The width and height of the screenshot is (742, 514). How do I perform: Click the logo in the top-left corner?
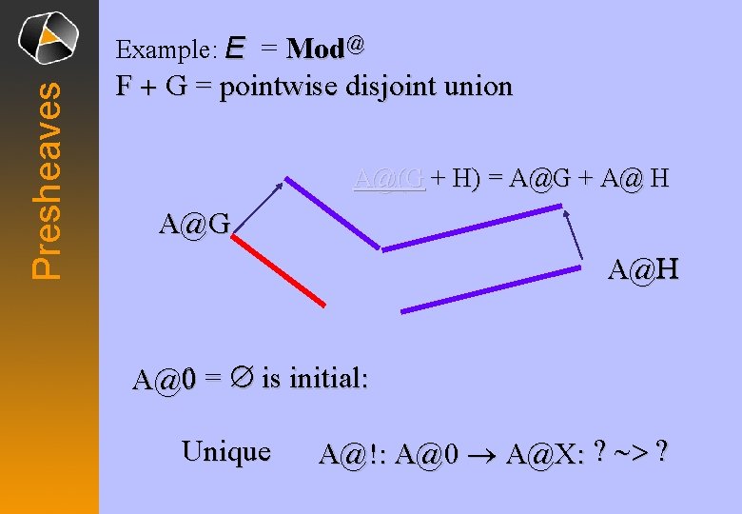tap(49, 37)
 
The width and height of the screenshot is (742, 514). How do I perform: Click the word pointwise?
tap(280, 88)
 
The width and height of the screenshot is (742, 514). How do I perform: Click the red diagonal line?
tap(279, 271)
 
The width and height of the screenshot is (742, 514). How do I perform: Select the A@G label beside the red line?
tap(194, 227)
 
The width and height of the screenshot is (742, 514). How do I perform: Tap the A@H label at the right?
tap(643, 272)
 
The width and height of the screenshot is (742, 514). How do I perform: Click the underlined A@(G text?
tap(389, 177)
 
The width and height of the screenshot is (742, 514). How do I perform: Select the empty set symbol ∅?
tap(242, 379)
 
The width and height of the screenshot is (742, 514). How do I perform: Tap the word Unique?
tap(225, 450)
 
